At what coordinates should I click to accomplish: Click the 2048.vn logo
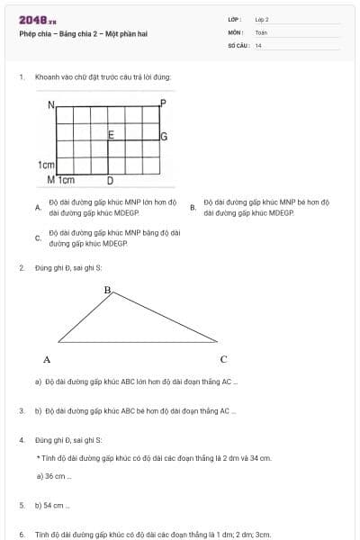pyautogui.click(x=38, y=19)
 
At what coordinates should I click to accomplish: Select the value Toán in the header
pyautogui.click(x=261, y=31)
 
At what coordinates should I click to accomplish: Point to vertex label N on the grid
pyautogui.click(x=51, y=104)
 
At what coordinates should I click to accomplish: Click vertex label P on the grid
pyautogui.click(x=163, y=103)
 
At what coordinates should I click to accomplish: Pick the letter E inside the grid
pyautogui.click(x=111, y=135)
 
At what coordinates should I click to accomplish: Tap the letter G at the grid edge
pyautogui.click(x=164, y=137)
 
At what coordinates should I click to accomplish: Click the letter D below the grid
pyautogui.click(x=110, y=180)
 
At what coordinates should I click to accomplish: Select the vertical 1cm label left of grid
pyautogui.click(x=47, y=165)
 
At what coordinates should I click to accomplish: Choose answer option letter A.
pyautogui.click(x=37, y=208)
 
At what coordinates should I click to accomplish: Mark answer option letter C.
pyautogui.click(x=37, y=238)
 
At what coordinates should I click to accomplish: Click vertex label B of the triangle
pyautogui.click(x=107, y=290)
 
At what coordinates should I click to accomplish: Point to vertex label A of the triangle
pyautogui.click(x=47, y=359)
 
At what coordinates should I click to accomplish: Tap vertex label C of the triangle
pyautogui.click(x=223, y=359)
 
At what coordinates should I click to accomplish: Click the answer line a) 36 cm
pyautogui.click(x=53, y=475)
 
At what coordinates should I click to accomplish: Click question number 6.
pyautogui.click(x=21, y=535)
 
